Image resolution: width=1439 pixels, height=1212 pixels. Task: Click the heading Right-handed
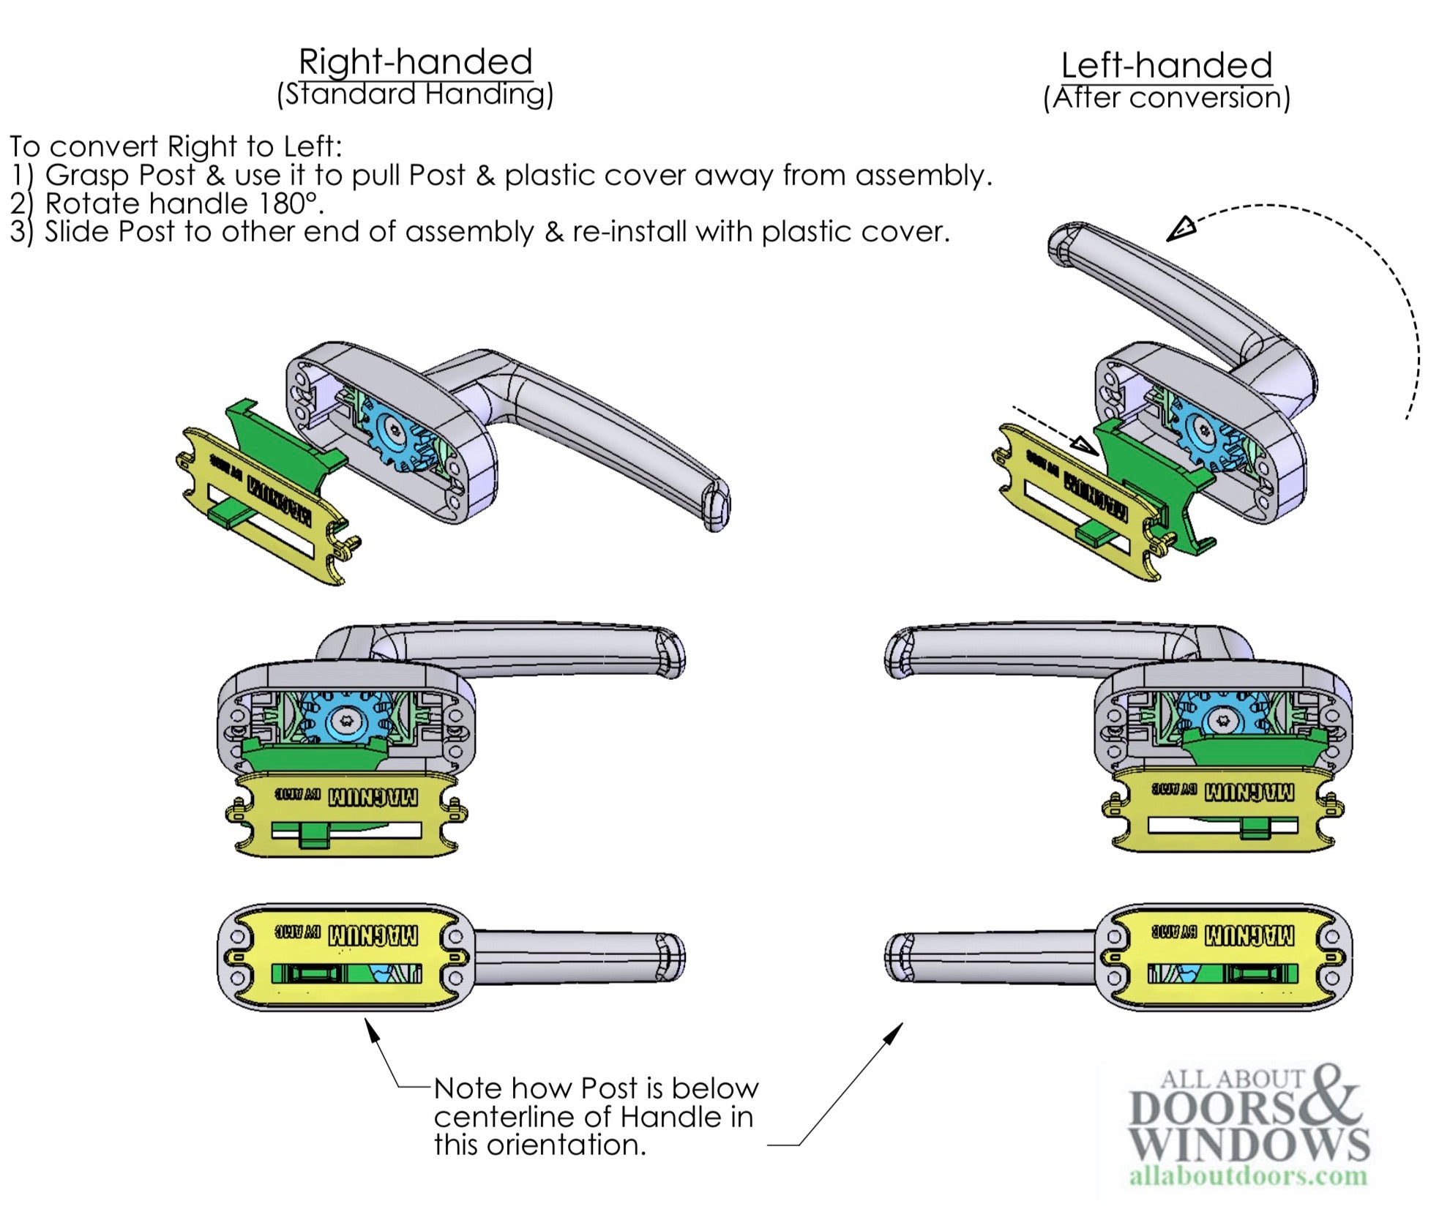click(x=415, y=61)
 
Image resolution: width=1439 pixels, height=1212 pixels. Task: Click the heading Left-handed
click(x=1166, y=65)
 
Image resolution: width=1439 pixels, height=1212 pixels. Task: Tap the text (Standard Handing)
click(x=415, y=94)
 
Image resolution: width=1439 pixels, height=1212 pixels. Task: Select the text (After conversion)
click(x=1166, y=97)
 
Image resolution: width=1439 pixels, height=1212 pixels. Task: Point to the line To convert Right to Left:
click(x=176, y=146)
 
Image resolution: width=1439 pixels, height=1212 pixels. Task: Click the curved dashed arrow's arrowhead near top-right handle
click(x=1180, y=228)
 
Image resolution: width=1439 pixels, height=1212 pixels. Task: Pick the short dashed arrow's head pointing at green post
click(x=1085, y=445)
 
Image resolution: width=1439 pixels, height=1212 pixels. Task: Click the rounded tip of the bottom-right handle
click(x=897, y=957)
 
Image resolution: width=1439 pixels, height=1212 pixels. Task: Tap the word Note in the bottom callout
click(x=468, y=1088)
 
